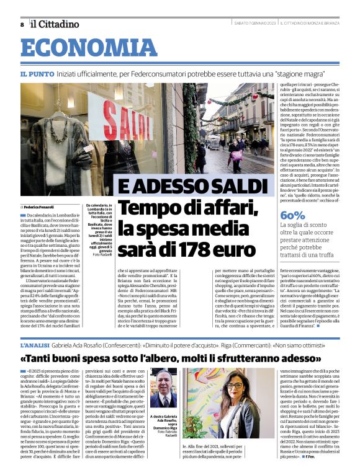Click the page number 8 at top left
[x=22, y=24]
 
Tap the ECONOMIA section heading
[x=85, y=48]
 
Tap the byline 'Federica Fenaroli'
[x=39, y=206]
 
